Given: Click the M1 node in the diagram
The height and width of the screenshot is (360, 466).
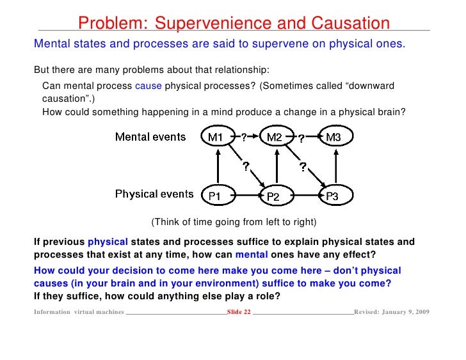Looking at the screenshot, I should point(218,137).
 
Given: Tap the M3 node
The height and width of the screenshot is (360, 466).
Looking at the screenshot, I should point(333,137).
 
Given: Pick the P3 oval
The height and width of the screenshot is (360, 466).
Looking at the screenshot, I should point(333,195).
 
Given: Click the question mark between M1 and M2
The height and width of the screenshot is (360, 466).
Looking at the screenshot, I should point(244,136).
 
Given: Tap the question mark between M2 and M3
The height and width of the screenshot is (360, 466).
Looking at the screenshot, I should point(301,137).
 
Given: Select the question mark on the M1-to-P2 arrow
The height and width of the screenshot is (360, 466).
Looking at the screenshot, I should point(245,166).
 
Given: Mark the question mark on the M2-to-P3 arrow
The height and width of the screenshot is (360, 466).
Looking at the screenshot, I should point(303,166).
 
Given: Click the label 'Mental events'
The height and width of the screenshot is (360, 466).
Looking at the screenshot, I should point(150,137).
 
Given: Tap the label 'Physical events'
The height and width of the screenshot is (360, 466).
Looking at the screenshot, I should point(154,194).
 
